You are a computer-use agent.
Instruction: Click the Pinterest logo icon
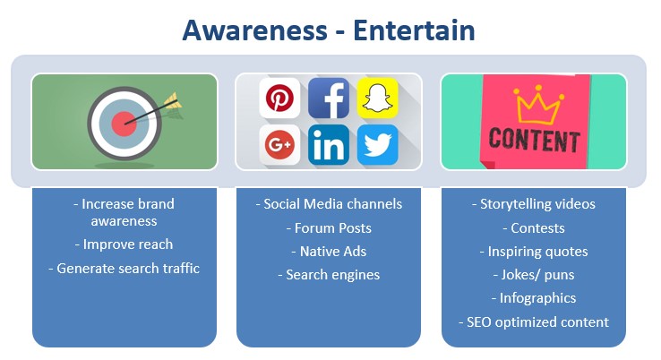279,98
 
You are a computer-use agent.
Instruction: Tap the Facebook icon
329,98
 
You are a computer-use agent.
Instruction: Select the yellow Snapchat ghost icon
378,98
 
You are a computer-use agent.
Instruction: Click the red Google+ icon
279,144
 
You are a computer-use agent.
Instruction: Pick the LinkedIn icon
329,144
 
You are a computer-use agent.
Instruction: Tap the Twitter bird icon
378,144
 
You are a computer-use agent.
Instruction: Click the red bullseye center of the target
124,124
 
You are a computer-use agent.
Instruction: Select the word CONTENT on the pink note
534,141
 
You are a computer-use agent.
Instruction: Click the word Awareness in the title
254,30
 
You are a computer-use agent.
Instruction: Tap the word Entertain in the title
414,30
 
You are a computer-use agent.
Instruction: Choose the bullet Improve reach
124,244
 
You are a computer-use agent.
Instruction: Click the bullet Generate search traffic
124,268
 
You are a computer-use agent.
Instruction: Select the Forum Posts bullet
329,228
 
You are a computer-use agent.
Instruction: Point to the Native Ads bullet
329,252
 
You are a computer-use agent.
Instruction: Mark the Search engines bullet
329,275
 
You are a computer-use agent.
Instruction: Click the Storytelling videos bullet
534,204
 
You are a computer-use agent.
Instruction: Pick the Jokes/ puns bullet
534,275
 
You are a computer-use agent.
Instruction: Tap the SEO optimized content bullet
534,322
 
